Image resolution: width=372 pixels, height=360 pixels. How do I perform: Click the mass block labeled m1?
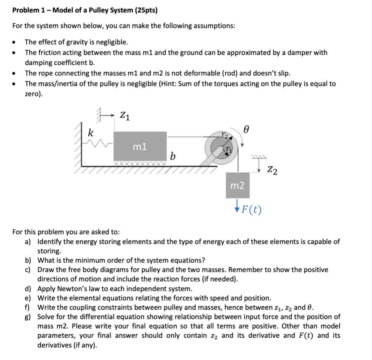(x=140, y=147)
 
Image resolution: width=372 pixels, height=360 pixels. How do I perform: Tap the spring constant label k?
(x=90, y=132)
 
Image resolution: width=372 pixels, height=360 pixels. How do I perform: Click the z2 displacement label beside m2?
(x=272, y=170)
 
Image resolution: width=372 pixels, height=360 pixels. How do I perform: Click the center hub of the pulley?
(x=223, y=148)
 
